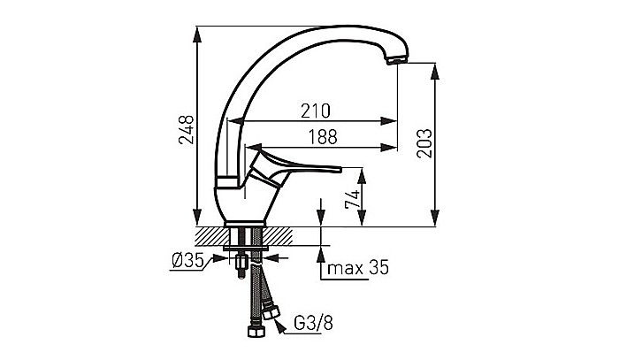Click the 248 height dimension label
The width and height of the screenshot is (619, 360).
186,129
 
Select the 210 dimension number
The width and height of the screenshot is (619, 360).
316,111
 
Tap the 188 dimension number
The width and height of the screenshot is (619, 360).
323,137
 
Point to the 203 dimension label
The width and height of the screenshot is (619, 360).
424,143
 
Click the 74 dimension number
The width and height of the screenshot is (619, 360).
353,199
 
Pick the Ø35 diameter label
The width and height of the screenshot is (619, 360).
187,260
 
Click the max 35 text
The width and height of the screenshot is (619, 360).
358,268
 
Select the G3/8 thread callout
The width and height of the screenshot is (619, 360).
313,323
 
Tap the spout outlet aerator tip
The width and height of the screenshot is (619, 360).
397,60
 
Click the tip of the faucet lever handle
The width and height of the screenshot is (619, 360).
339,169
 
